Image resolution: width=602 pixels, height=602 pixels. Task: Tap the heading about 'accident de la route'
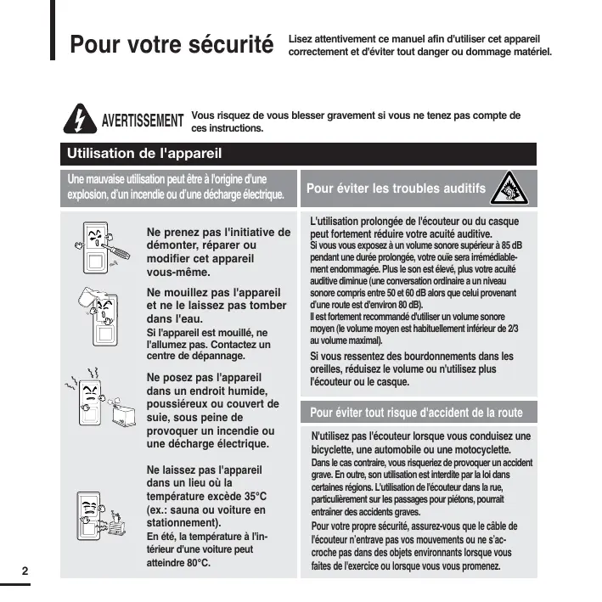[x=415, y=414]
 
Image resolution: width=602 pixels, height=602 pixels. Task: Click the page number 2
[x=25, y=569]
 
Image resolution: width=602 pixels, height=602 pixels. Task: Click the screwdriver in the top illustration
[x=121, y=245]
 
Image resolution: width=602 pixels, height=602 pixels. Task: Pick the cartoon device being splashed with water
[x=104, y=316]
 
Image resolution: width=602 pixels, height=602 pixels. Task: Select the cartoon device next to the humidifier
[x=92, y=404]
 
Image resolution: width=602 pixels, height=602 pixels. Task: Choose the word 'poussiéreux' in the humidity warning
[x=183, y=403]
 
